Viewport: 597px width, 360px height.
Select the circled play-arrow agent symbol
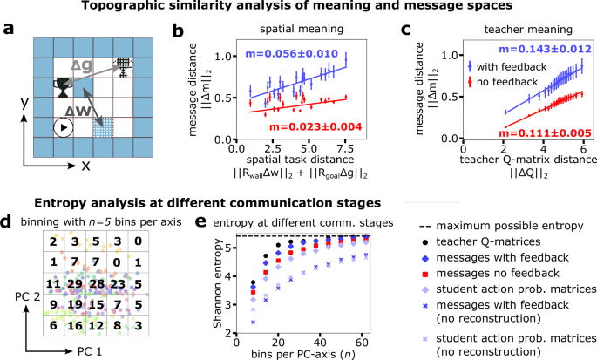64,127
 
